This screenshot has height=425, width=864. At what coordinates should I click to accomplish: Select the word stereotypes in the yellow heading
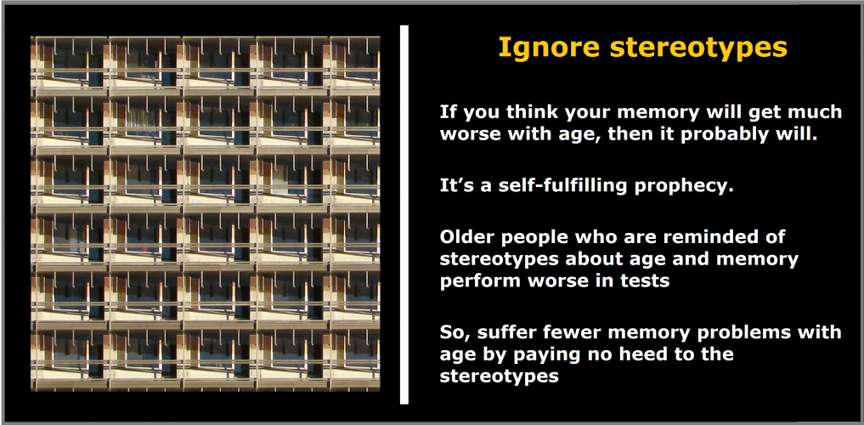[698, 48]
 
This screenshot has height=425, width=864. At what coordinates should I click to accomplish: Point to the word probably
[737, 134]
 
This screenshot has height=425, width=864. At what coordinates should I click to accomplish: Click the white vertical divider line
[404, 214]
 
